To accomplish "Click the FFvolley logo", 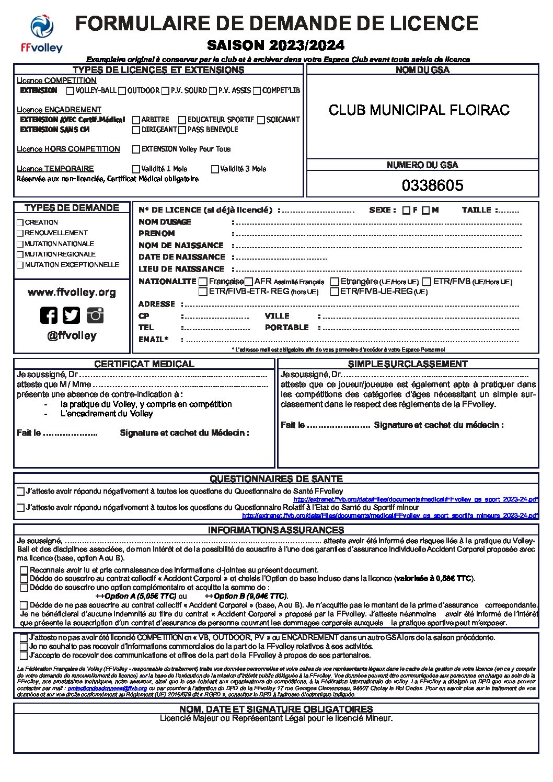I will pos(42,34).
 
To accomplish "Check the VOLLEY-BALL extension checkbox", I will pos(70,91).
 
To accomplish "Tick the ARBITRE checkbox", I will pos(136,120).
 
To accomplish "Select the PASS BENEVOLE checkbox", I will pos(182,130).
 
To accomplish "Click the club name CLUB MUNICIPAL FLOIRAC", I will pos(419,110).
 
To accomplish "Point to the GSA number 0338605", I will pos(432,185).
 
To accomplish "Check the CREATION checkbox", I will pos(20,223).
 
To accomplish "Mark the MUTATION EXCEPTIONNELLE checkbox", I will pos(20,265).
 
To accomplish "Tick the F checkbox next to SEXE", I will pos(406,211).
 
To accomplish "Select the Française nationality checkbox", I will pos(203,282).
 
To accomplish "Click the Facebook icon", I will pos(49,315).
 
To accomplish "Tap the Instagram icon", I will pos(95,315).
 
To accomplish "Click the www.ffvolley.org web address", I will pos(72,293).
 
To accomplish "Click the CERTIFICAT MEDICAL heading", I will pos(144,364).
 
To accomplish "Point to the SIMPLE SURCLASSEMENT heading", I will pos(408,364).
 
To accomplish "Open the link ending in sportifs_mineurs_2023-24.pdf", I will pos(390,516).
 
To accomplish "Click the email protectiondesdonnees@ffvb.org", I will pos(107,688).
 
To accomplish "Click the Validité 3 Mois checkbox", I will pos(215,169).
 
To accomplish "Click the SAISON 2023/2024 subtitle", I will pos(276,45).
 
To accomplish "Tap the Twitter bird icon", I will pos(72,315).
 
